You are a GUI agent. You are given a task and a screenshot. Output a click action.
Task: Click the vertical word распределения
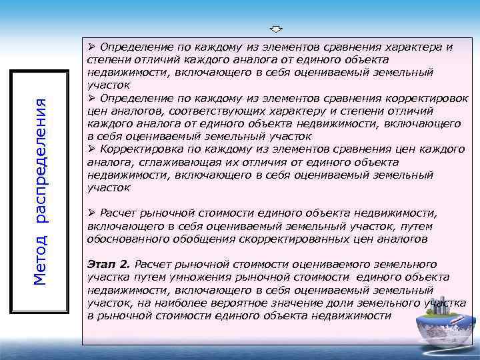(x=40, y=160)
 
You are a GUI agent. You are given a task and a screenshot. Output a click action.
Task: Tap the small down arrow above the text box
(x=277, y=29)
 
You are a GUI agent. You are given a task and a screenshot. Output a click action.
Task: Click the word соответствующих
(x=208, y=111)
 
